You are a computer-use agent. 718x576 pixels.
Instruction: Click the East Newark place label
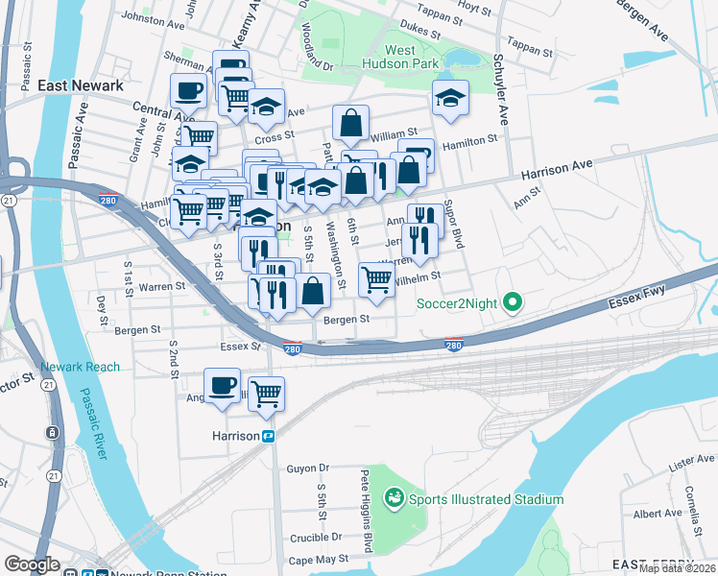tap(81, 85)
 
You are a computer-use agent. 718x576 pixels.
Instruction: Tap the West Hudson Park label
tap(414, 58)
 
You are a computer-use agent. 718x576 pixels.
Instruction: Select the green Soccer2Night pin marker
tap(513, 304)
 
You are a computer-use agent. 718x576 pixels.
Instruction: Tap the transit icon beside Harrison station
tap(270, 436)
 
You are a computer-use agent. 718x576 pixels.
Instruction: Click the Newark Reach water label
tap(81, 367)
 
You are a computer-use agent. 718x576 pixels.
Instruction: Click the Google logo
tap(32, 564)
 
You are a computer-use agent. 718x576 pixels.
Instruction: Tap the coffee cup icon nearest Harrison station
tap(223, 386)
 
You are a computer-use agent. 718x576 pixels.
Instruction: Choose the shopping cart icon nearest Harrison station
tap(266, 392)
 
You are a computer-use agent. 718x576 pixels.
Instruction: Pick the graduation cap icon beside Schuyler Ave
tap(449, 97)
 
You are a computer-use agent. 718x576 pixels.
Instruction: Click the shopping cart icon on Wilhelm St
tap(376, 279)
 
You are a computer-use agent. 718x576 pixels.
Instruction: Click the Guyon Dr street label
tap(307, 468)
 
